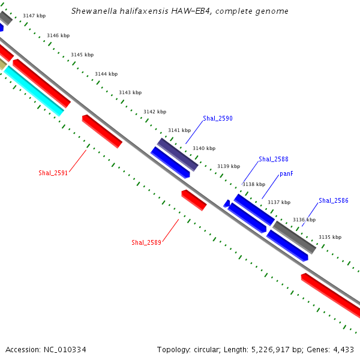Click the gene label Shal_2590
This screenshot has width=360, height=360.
[x=217, y=119]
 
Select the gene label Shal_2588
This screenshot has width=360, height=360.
[x=273, y=160]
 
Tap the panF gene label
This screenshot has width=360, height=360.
[x=286, y=174]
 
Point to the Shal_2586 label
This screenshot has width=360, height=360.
[x=333, y=201]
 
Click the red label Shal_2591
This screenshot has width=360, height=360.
[x=53, y=173]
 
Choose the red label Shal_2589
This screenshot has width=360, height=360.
[x=146, y=242]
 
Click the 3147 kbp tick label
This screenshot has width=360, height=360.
[x=34, y=16]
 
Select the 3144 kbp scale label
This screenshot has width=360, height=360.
[x=106, y=74]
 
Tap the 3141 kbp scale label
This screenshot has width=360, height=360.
[x=179, y=130]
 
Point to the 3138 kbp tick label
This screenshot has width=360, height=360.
[x=253, y=185]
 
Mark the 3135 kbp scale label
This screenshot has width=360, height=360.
[x=329, y=237]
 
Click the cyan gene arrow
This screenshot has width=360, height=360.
[x=34, y=91]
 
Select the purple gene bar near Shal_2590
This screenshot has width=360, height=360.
[x=178, y=154]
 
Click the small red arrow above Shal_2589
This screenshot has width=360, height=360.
[x=194, y=200]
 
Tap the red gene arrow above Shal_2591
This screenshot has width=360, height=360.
[x=102, y=131]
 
